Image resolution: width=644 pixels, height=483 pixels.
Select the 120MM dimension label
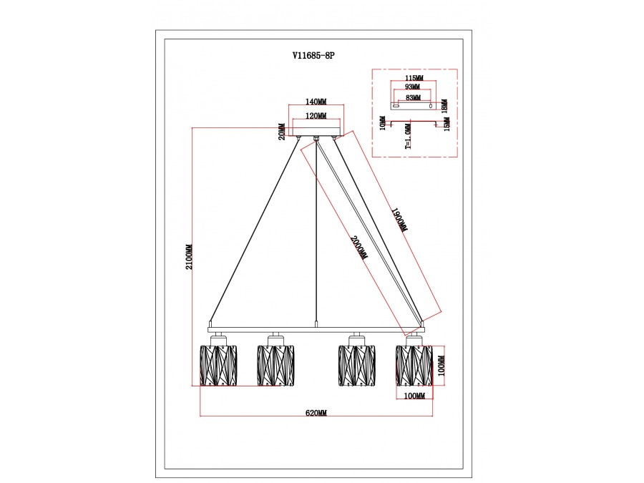coord(316,117)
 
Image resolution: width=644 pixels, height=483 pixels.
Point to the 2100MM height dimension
coord(190,258)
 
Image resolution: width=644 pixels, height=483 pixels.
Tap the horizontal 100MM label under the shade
coord(414,396)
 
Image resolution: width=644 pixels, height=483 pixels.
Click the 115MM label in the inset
coord(414,78)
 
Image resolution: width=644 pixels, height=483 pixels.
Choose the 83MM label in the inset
coord(412,97)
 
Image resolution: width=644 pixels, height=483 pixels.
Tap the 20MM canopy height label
coord(282,132)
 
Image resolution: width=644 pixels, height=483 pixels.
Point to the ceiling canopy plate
coord(316,132)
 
